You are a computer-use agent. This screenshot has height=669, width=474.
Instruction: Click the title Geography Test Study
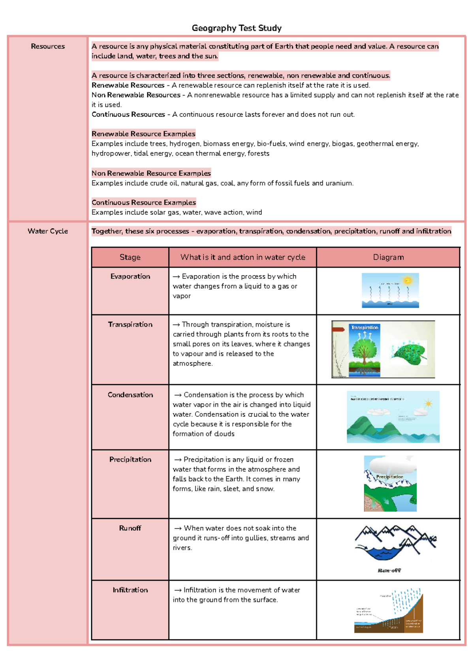click(237, 28)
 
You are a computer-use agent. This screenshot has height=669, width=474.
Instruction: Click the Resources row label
click(48, 46)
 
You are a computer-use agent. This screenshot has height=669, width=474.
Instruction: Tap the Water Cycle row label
click(48, 231)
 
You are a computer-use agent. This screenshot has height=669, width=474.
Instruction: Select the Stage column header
click(130, 257)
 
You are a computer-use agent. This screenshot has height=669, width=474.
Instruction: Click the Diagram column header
click(388, 257)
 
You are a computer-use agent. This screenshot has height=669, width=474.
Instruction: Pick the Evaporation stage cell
click(130, 276)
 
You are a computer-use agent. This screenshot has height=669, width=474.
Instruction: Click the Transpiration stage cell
click(130, 324)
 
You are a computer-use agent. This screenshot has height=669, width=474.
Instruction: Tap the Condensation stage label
click(130, 395)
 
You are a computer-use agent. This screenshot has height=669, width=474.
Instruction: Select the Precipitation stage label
click(130, 459)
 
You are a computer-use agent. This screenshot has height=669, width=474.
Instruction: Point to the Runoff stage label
click(130, 528)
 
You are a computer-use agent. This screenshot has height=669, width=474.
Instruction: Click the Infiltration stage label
click(130, 590)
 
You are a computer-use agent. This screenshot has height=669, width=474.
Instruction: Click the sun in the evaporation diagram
click(408, 281)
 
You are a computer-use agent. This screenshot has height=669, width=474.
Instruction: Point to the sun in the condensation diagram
click(428, 404)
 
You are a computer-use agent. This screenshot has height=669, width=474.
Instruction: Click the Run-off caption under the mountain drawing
click(389, 570)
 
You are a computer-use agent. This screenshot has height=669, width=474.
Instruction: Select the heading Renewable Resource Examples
click(143, 134)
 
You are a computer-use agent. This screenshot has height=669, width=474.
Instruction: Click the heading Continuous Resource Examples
click(143, 203)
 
